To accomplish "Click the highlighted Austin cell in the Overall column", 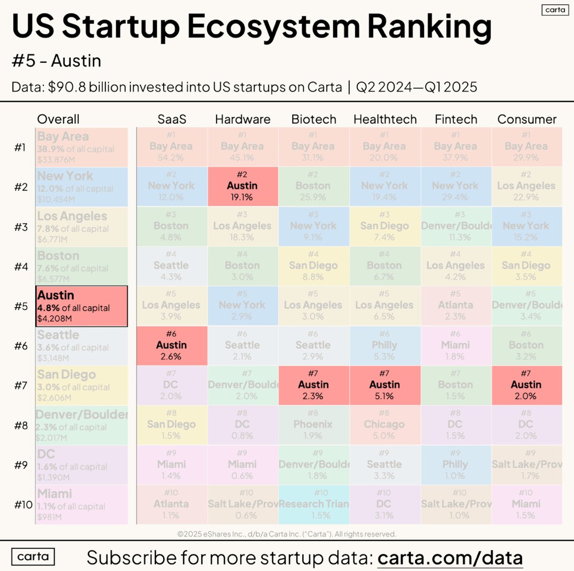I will click(x=81, y=306).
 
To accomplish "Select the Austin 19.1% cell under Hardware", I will click(x=243, y=186).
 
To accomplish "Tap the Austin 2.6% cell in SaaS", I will click(x=172, y=345).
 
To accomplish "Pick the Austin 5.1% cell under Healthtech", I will click(x=385, y=385).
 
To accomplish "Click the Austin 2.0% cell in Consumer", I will click(x=526, y=385).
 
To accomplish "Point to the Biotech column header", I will click(x=314, y=119).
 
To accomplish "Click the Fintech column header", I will click(x=456, y=119).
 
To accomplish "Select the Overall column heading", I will click(x=58, y=119).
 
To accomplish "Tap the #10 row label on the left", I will click(x=23, y=505).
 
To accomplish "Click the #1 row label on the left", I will click(x=20, y=147).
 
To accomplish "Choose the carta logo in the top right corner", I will click(x=555, y=10).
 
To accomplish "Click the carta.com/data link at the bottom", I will click(x=450, y=558).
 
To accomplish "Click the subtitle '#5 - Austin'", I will click(x=56, y=61).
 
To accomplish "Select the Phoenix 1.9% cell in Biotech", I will click(x=313, y=425).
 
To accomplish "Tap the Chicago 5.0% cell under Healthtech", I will click(x=384, y=425).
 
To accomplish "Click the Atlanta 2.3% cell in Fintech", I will click(x=455, y=306).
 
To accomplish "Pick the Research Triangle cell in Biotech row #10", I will click(x=314, y=505).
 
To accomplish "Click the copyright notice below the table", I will click(x=287, y=534).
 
